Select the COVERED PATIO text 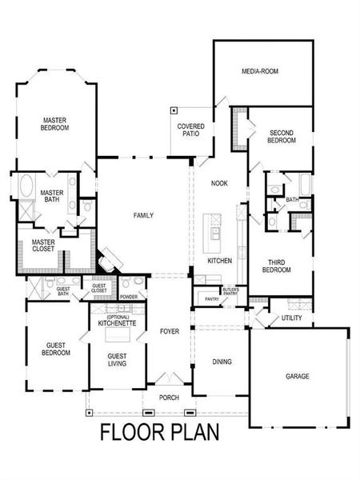(190, 130)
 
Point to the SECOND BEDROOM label (282, 136)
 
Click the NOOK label (219, 183)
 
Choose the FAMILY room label (143, 215)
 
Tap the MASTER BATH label (52, 197)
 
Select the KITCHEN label (219, 261)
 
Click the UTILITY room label (291, 318)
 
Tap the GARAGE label (298, 375)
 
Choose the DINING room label (222, 362)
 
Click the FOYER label (169, 330)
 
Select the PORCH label (169, 398)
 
